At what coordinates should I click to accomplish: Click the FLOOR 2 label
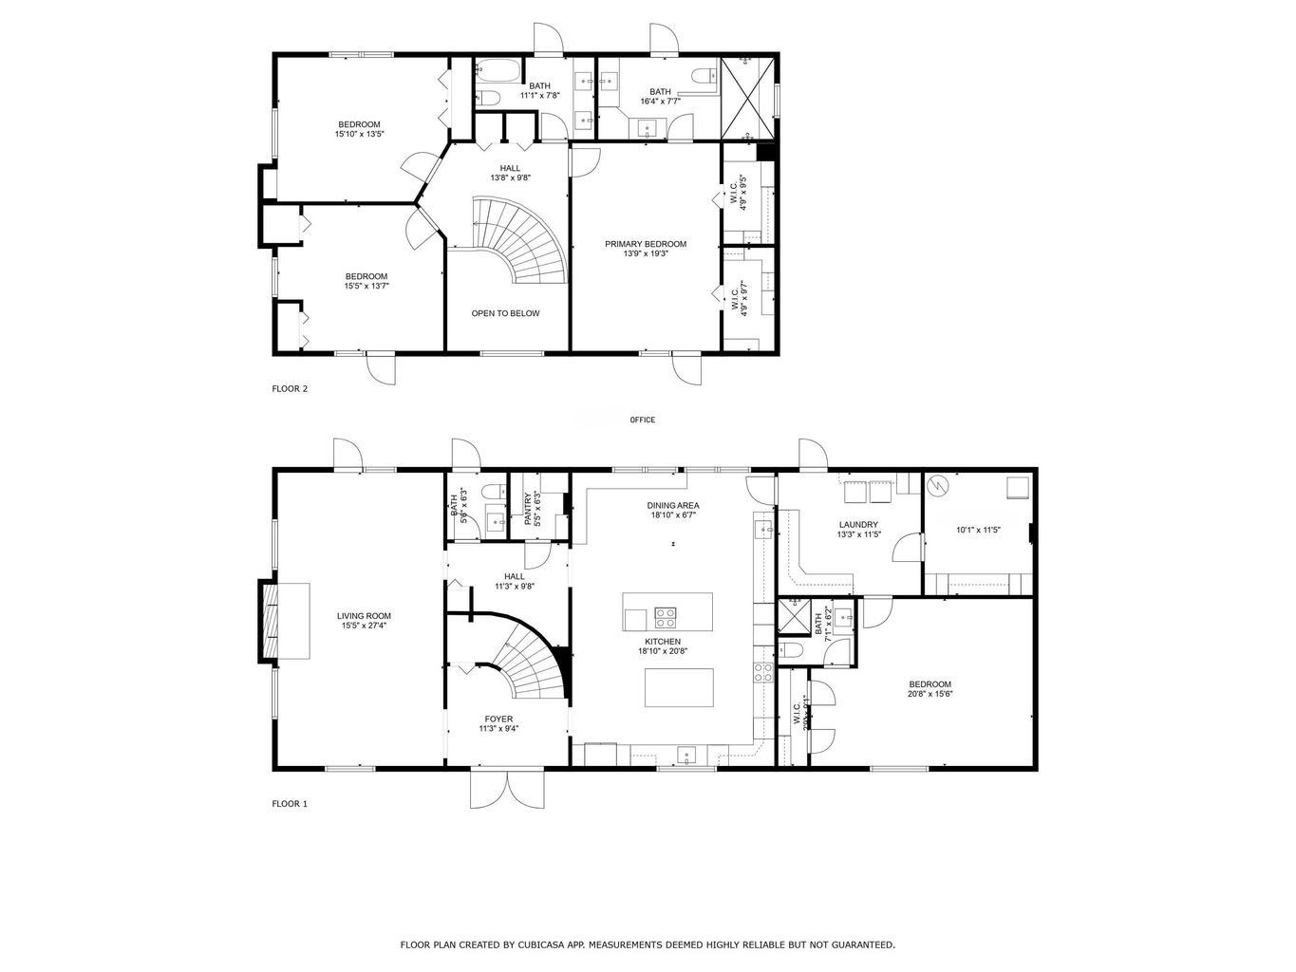pos(290,388)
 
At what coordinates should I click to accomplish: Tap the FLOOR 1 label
pos(290,804)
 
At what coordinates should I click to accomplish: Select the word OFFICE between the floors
pos(642,420)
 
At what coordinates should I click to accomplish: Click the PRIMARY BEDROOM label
pos(646,244)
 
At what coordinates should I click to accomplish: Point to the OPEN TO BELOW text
pos(505,313)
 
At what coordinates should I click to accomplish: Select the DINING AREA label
pos(674,506)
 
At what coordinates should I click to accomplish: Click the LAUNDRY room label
pos(858,525)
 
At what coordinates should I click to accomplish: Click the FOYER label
pos(498,719)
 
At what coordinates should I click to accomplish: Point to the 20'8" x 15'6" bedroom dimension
pos(930,694)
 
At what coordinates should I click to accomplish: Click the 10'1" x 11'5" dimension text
pos(978,530)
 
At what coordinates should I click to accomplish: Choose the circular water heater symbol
pos(939,486)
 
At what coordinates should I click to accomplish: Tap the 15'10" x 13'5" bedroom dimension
pos(359,134)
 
